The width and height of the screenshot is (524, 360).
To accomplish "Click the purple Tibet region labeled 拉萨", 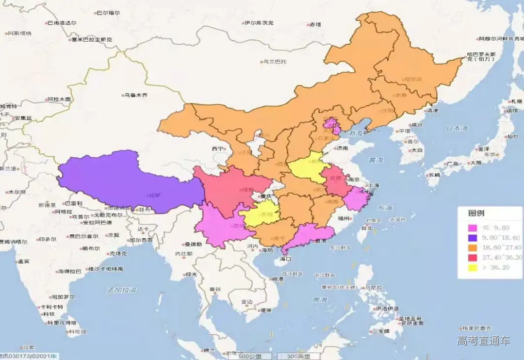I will [x=126, y=182].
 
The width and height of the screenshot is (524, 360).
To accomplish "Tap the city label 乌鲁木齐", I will [x=135, y=96].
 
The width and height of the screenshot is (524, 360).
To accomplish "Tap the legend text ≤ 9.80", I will [x=498, y=228].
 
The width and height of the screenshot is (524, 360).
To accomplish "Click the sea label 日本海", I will [x=457, y=128].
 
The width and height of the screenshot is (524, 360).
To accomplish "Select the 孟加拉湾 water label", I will [x=122, y=290].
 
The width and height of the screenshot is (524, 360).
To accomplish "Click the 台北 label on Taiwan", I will [x=366, y=228].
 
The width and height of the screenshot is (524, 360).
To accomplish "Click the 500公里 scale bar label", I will [x=250, y=356].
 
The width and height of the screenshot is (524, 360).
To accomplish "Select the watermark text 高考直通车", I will [x=483, y=341].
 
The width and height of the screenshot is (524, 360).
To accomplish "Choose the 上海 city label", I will [x=373, y=185].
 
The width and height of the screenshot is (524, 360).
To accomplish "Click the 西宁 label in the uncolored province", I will [x=217, y=148].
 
